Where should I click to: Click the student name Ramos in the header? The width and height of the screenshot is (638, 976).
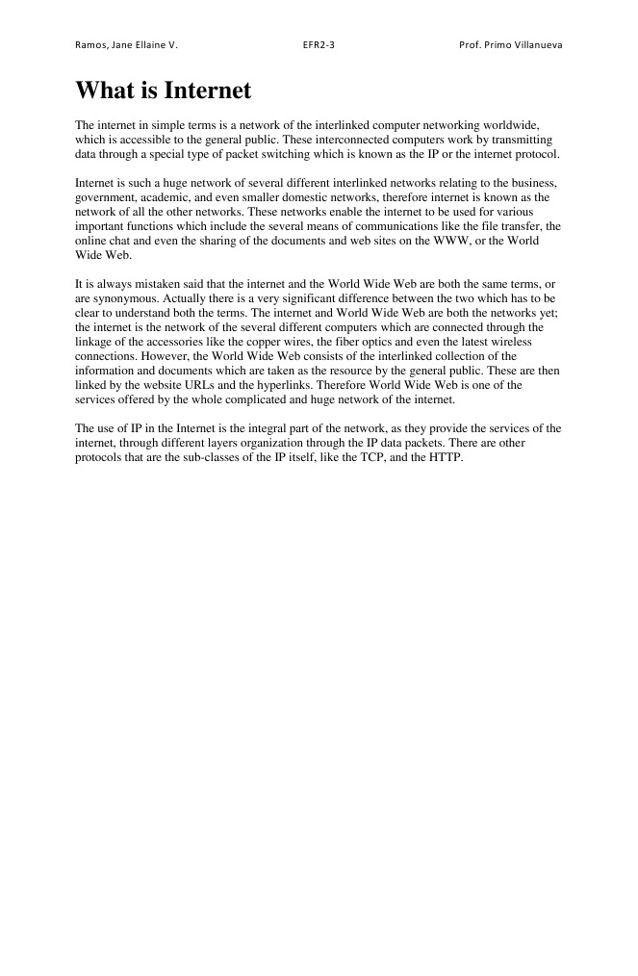tap(90, 45)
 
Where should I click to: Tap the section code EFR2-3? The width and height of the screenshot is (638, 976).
tap(319, 45)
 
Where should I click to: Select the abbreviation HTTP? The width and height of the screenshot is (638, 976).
tap(444, 457)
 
